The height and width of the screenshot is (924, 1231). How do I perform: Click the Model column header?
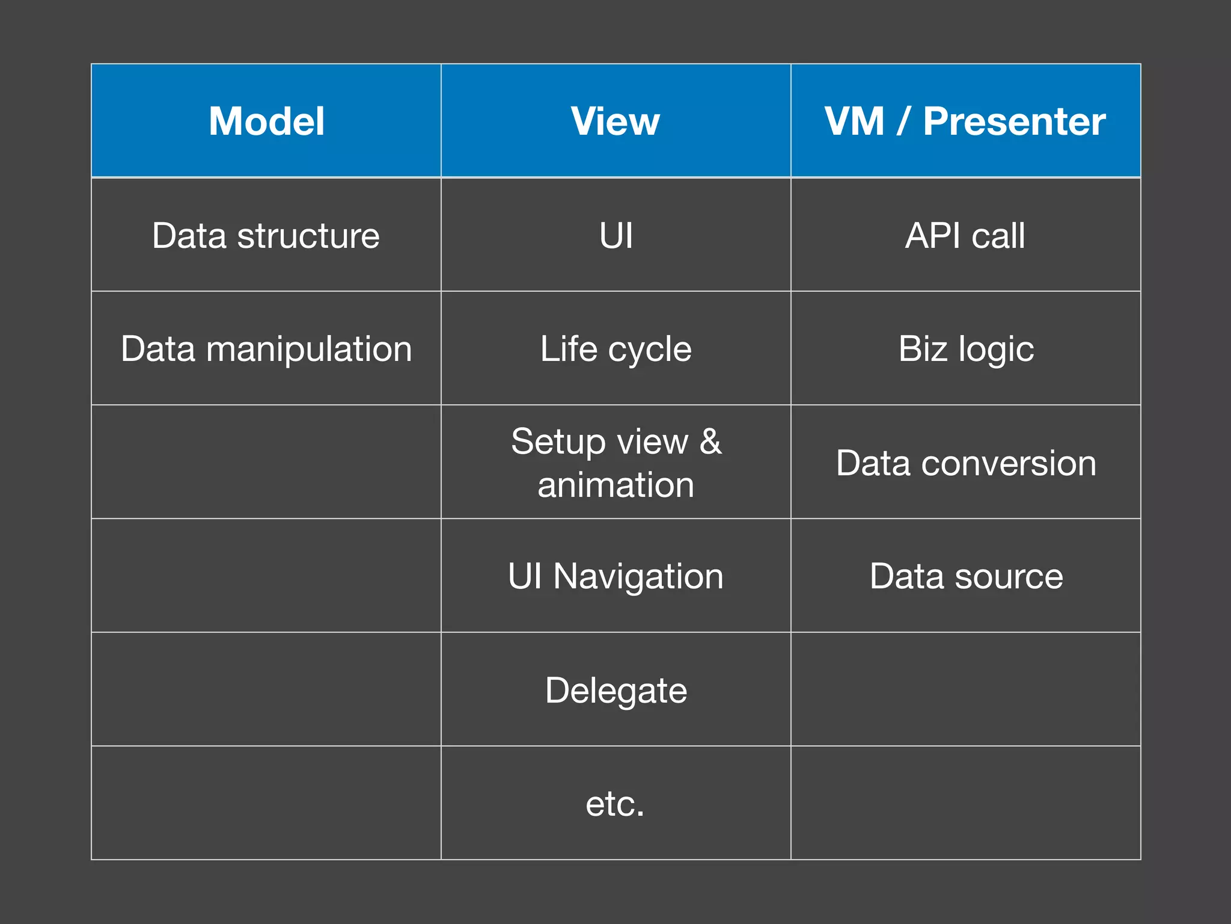point(266,122)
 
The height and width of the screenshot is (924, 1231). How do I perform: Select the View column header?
point(615,122)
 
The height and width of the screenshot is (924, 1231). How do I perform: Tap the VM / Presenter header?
point(965,122)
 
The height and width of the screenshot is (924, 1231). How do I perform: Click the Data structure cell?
point(266,235)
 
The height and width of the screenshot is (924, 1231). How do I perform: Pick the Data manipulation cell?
point(266,349)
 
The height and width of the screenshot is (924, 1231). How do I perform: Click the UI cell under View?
point(616,235)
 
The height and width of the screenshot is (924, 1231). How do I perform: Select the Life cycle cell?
point(615,349)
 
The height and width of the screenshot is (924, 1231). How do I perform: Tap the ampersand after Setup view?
point(710,441)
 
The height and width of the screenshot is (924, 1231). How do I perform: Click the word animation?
point(615,485)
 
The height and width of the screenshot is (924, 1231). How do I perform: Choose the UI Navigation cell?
point(615,576)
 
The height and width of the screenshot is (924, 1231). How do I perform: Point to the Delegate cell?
point(615,690)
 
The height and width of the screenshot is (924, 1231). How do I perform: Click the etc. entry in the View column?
point(615,804)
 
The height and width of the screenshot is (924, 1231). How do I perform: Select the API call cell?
point(965,235)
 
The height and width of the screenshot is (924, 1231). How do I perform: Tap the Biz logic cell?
point(966,349)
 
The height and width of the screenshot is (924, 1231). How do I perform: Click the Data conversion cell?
point(966,463)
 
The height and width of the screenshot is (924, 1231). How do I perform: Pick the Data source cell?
point(966,576)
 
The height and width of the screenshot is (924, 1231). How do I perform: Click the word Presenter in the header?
point(1014,122)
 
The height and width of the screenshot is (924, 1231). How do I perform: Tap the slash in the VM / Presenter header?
point(902,122)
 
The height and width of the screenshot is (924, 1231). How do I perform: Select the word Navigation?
point(638,576)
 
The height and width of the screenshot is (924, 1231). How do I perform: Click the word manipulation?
point(309,349)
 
